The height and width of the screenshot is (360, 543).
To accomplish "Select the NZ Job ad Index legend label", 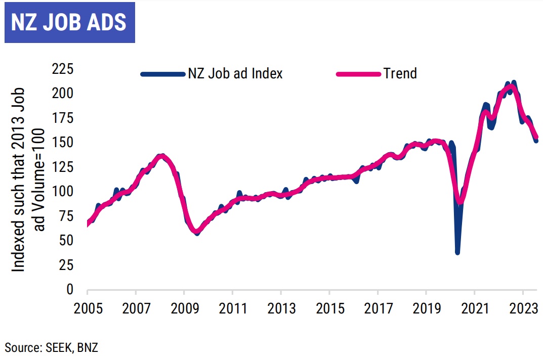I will point(235,73).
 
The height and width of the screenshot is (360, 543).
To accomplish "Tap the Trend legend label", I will point(400,73).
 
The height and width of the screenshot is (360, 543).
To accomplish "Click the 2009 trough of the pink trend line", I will point(196,232).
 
